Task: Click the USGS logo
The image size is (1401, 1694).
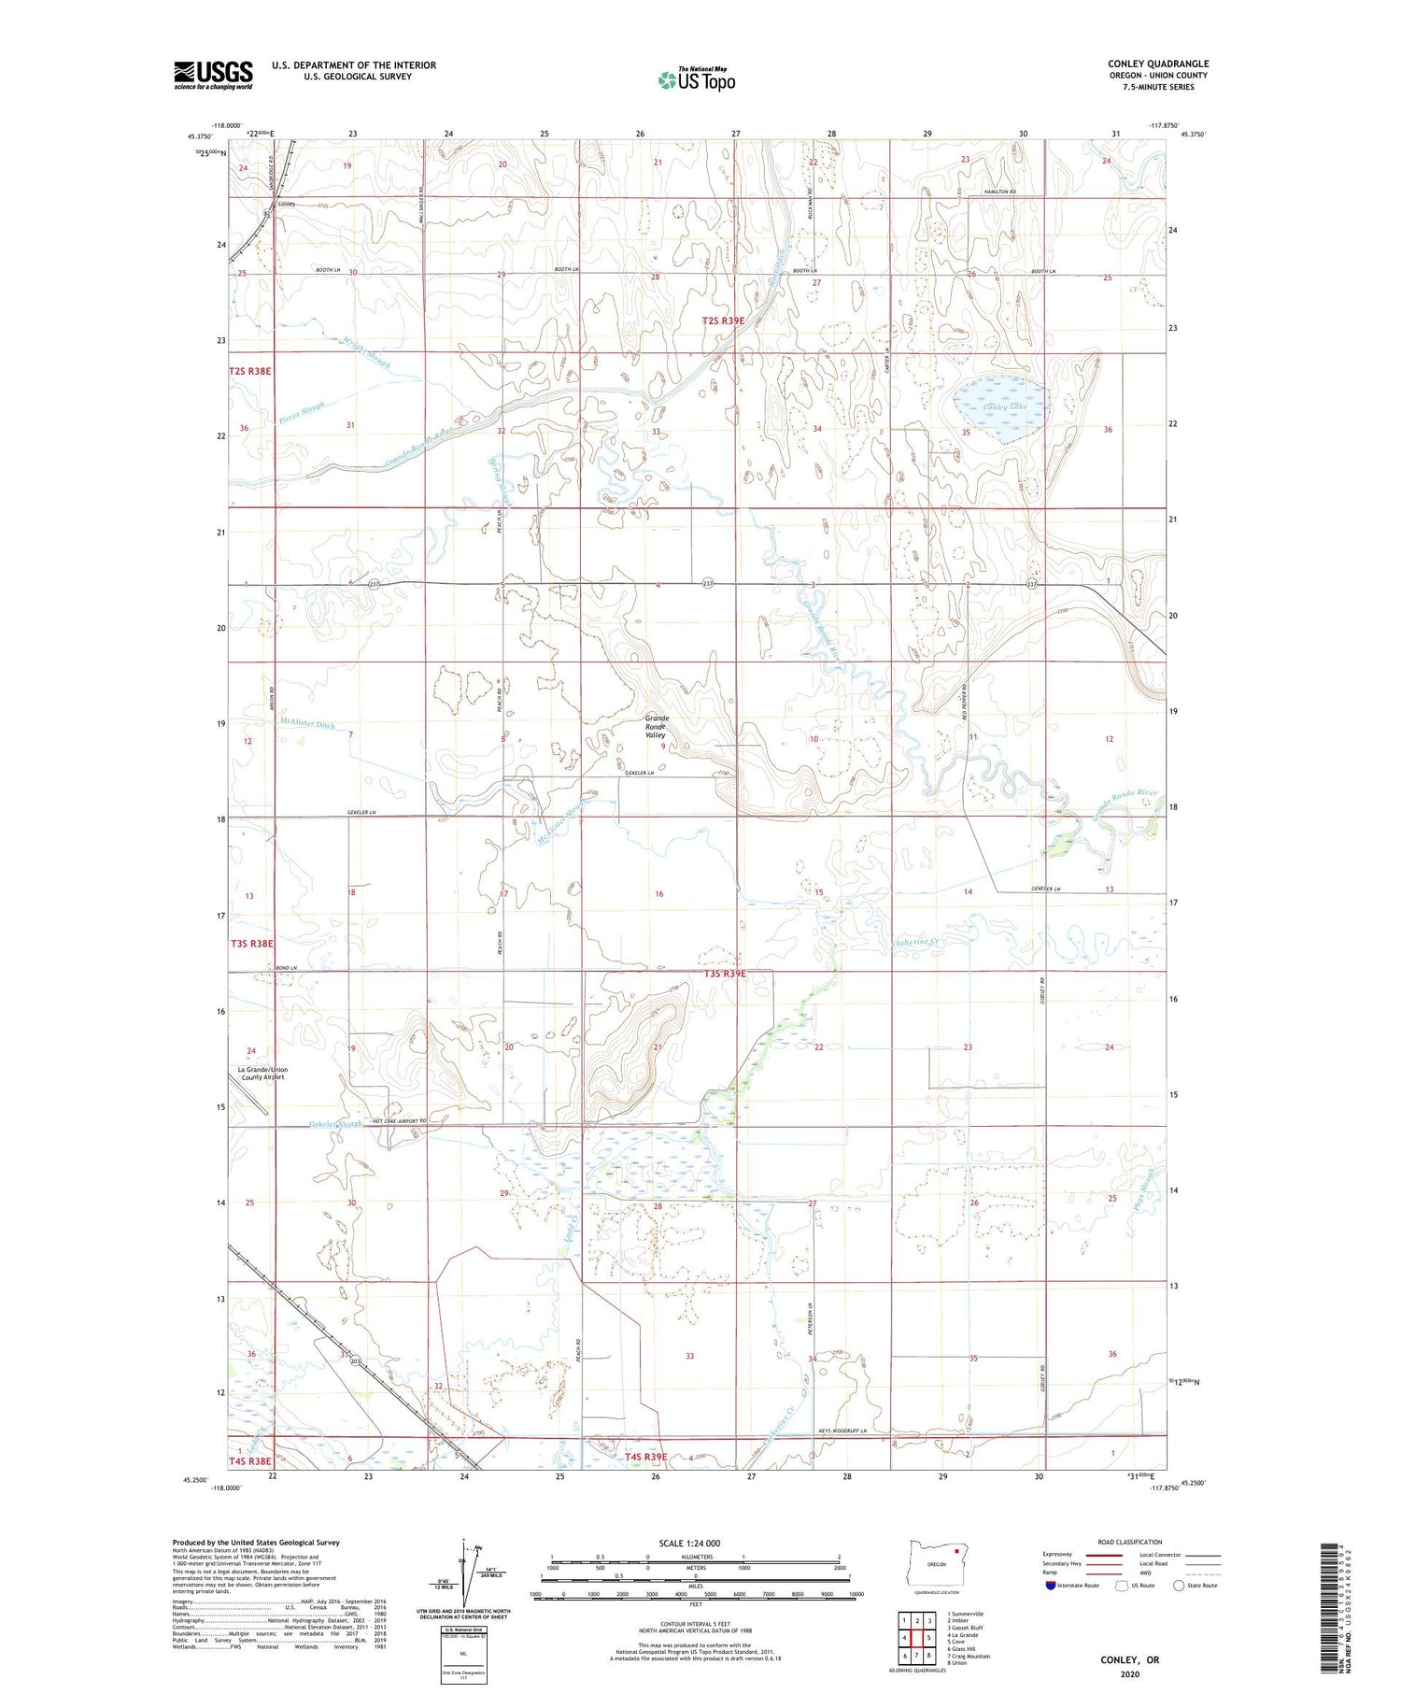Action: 213,75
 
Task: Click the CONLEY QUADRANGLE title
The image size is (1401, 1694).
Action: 1157,64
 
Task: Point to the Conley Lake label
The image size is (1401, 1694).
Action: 1005,406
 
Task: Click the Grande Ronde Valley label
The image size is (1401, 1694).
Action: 657,727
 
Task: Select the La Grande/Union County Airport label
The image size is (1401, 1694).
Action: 263,1073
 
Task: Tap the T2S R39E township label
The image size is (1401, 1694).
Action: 724,320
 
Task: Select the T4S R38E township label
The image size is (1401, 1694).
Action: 249,1460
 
